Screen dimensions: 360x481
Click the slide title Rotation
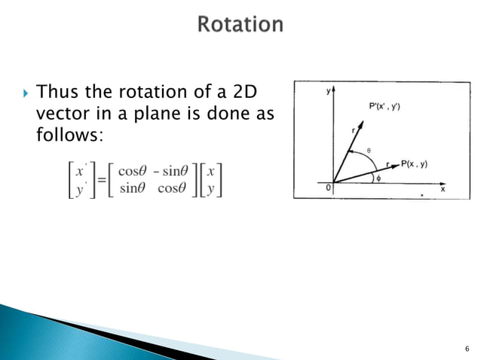click(x=240, y=24)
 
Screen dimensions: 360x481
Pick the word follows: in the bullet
click(x=68, y=135)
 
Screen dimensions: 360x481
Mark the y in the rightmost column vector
click(x=213, y=187)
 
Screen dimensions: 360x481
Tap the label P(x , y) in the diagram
click(x=414, y=163)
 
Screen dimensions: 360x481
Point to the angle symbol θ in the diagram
click(x=368, y=151)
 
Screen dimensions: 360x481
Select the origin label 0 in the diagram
click(x=328, y=189)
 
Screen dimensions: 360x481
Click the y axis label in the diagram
click(x=328, y=90)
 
